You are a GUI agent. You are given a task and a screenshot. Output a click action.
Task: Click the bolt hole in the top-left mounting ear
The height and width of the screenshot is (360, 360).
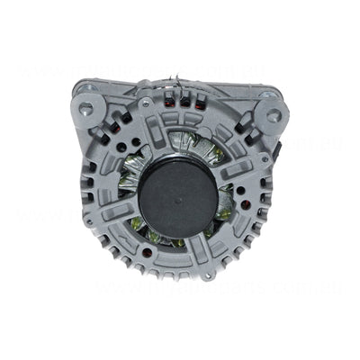(x=85, y=108)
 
